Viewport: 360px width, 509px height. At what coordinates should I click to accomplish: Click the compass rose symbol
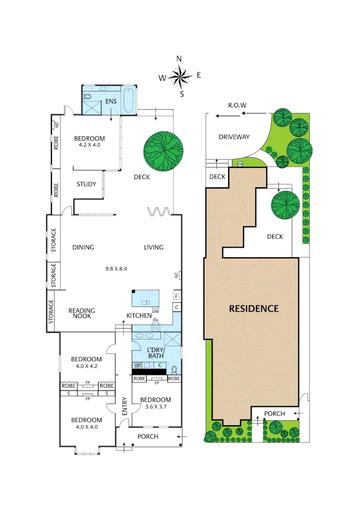(x=180, y=76)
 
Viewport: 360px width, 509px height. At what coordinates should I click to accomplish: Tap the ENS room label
(x=111, y=101)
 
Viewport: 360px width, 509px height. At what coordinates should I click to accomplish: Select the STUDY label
(x=86, y=184)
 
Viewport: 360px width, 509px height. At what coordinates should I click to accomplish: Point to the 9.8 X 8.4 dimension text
(x=116, y=269)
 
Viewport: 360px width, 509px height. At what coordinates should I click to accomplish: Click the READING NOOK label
(x=82, y=313)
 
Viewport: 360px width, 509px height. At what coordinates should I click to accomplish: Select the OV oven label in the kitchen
(x=155, y=320)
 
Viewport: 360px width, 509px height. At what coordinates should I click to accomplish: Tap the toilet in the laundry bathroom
(x=174, y=369)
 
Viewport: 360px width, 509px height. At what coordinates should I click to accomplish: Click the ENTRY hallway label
(x=125, y=406)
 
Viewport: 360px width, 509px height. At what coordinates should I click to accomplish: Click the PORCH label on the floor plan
(x=148, y=436)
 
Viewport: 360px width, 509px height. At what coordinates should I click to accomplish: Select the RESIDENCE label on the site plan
(x=254, y=309)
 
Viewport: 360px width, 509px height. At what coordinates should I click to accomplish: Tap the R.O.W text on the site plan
(x=237, y=106)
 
